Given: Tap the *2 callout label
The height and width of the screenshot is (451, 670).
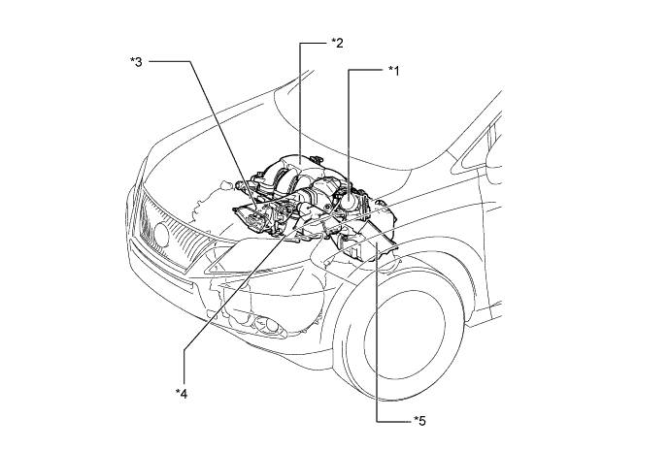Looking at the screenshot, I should point(337,42).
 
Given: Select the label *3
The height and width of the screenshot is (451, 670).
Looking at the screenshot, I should point(137,62).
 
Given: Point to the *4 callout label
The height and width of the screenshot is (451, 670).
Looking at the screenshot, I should point(181,392).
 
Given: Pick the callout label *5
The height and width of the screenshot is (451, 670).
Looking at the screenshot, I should point(418,419).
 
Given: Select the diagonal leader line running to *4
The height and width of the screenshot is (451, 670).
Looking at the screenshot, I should point(233,310).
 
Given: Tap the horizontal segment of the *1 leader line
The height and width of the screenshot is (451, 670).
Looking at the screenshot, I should point(364,70).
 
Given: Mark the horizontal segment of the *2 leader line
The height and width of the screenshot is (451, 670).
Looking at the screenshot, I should point(313,42).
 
